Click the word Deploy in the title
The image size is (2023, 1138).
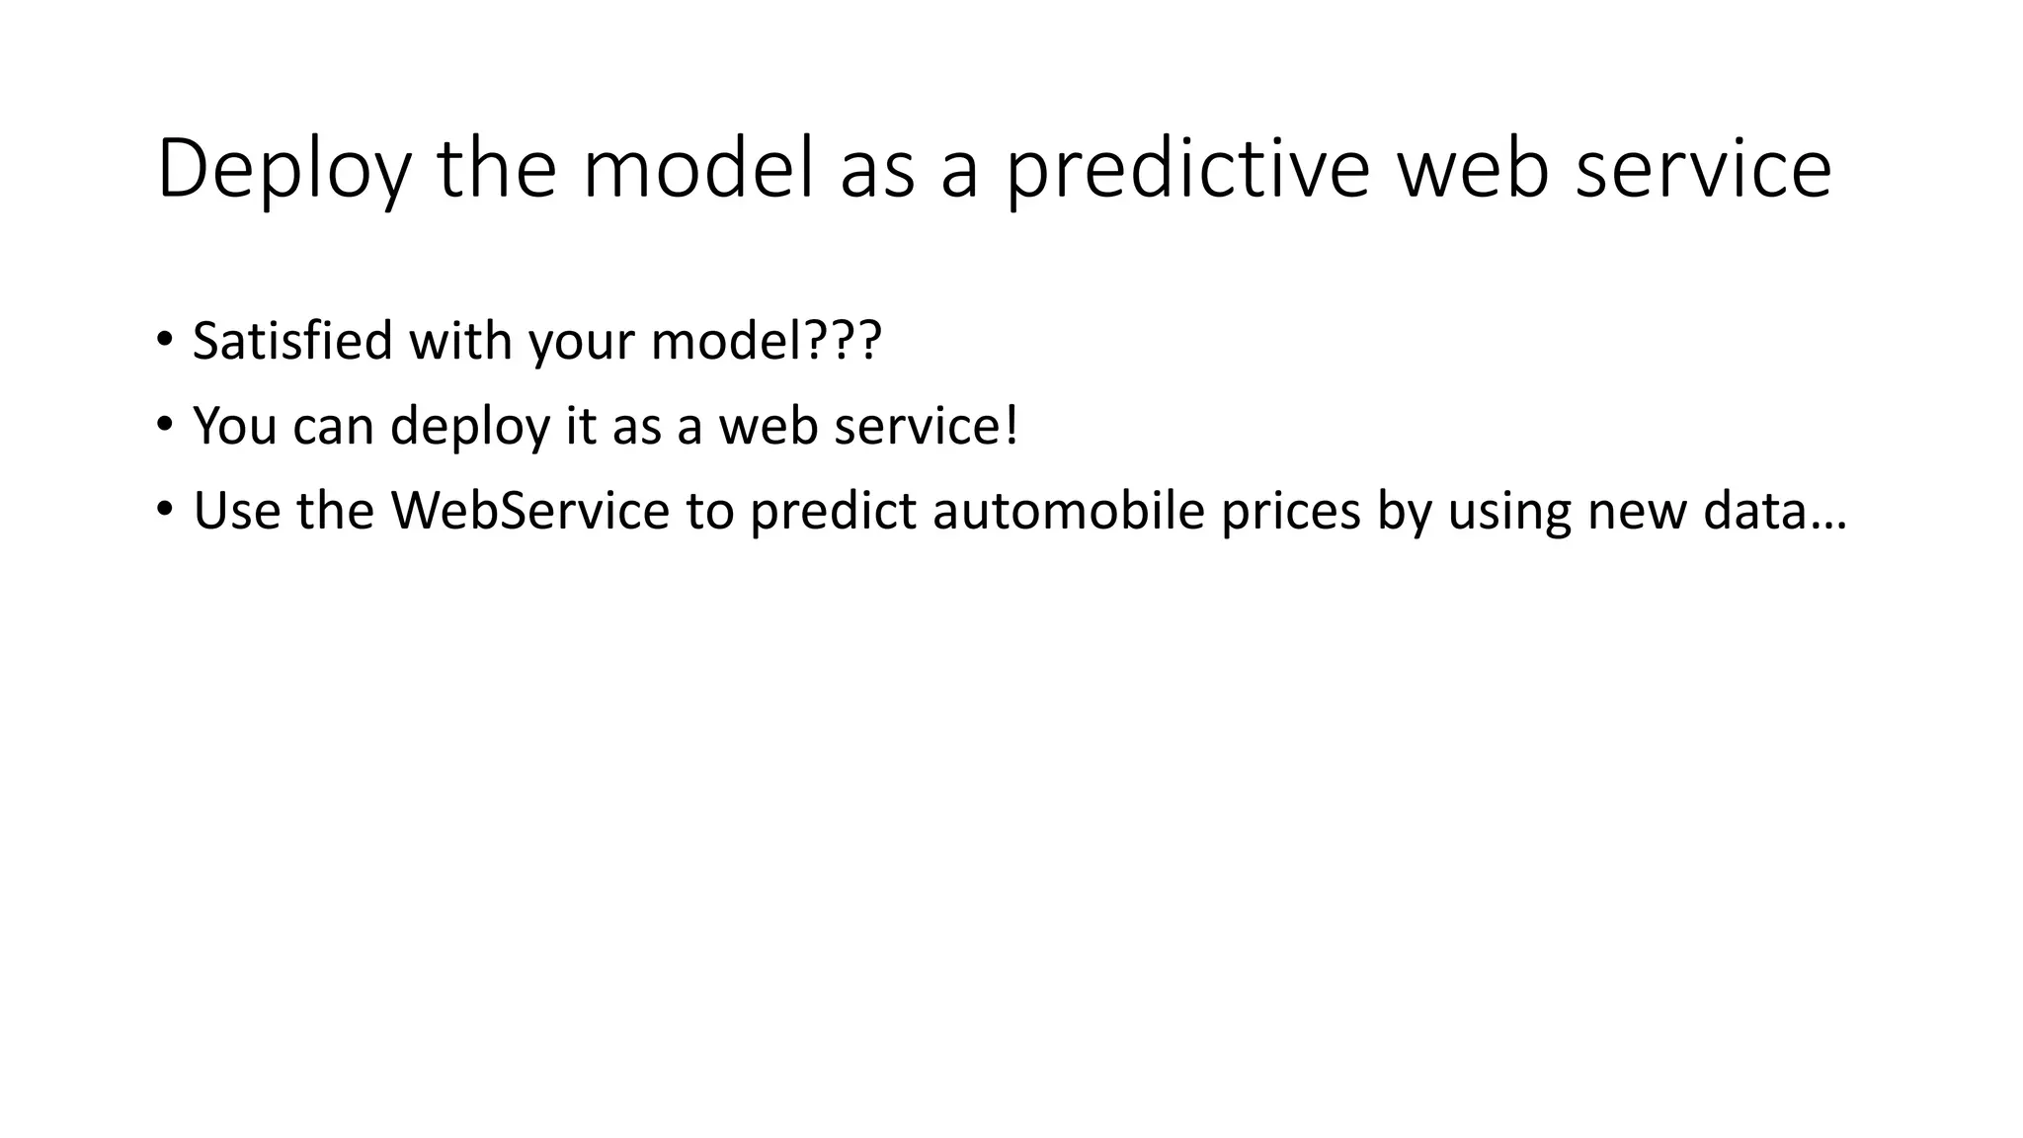[x=283, y=170]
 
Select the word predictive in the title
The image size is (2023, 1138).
[x=1186, y=170]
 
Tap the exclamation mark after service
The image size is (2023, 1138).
[x=1010, y=426]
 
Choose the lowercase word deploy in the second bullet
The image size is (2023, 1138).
[x=469, y=428]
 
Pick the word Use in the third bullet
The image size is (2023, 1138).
[x=234, y=511]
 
